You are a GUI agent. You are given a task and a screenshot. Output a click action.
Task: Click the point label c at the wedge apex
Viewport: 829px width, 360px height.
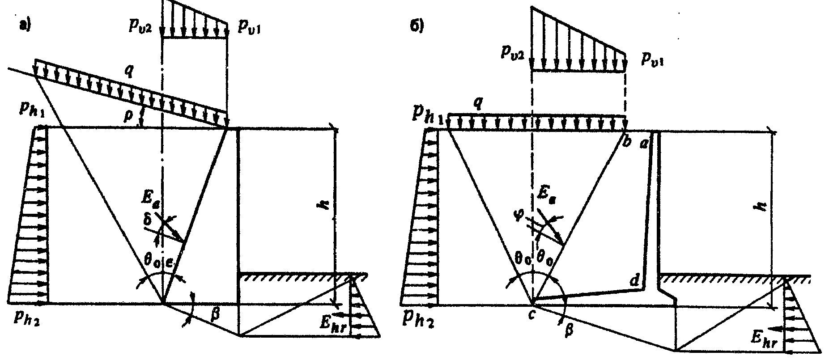531,314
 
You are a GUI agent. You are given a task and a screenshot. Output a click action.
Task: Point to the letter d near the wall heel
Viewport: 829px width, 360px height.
634,281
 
